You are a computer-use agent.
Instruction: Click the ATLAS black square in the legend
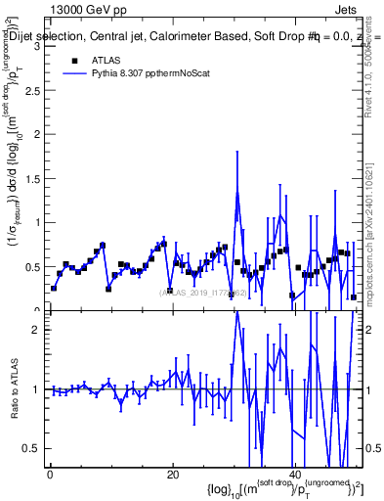tap(74, 60)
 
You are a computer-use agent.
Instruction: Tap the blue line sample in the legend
tap(74, 72)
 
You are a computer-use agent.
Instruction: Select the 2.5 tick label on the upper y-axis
tap(32, 89)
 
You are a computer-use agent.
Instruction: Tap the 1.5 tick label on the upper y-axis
tap(32, 178)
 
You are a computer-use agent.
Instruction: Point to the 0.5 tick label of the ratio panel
tap(32, 448)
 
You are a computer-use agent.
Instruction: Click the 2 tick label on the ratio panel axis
tap(36, 330)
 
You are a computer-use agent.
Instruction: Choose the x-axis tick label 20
tap(172, 475)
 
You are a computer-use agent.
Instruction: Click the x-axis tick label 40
tap(294, 475)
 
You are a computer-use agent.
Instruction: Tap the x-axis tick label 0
tap(50, 475)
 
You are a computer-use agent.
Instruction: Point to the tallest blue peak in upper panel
tap(237, 192)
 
